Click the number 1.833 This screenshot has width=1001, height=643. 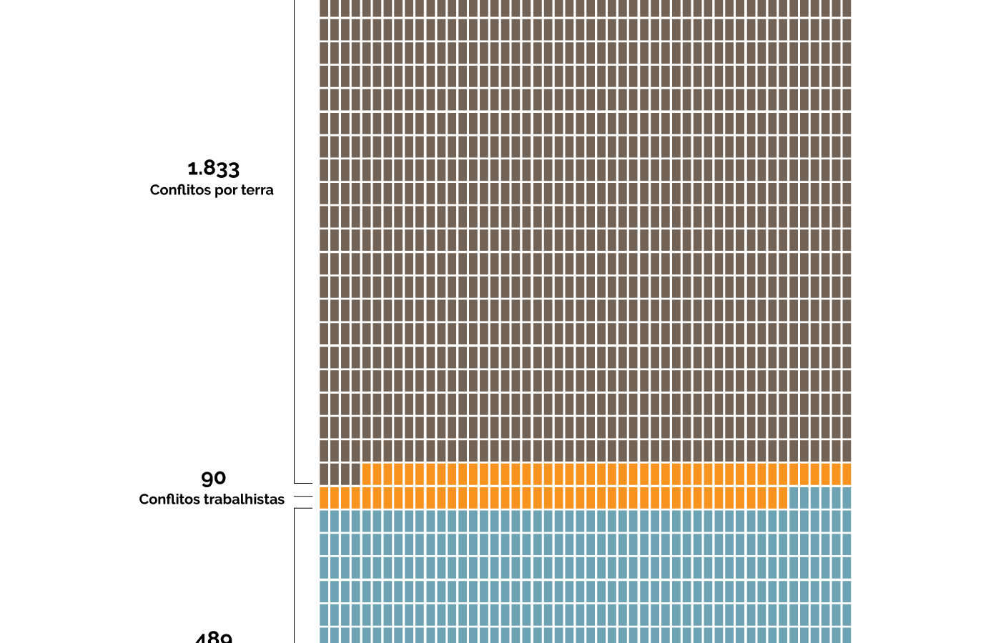(x=213, y=169)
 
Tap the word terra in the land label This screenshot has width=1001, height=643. (x=257, y=190)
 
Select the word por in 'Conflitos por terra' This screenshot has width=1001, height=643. (x=223, y=191)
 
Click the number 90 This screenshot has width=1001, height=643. (x=213, y=478)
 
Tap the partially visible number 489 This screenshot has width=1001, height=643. (x=213, y=637)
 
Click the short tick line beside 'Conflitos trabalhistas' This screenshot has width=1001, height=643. (x=303, y=496)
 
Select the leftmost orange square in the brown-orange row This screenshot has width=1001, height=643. (x=367, y=474)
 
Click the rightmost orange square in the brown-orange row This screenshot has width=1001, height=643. (x=847, y=474)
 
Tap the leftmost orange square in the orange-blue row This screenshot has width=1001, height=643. (x=324, y=498)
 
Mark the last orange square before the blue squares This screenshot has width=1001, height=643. (x=782, y=498)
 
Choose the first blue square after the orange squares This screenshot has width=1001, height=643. (x=794, y=498)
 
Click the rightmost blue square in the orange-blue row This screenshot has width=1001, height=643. (x=847, y=498)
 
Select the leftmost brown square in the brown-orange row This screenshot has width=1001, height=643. (x=324, y=474)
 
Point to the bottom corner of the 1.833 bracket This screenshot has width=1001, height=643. (x=295, y=483)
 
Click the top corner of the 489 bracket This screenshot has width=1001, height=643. (x=295, y=509)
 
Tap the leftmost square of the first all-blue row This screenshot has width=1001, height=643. (x=324, y=521)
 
